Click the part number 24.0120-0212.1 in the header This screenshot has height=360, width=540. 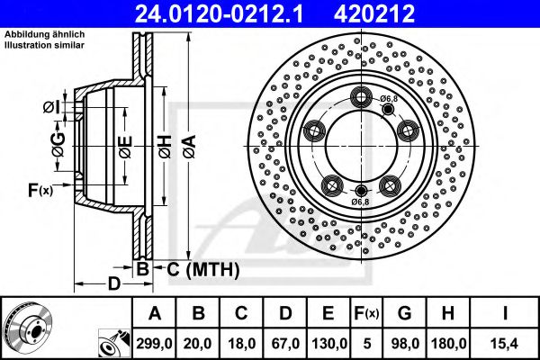tap(229, 13)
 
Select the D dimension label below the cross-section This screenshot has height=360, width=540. tap(112, 285)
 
